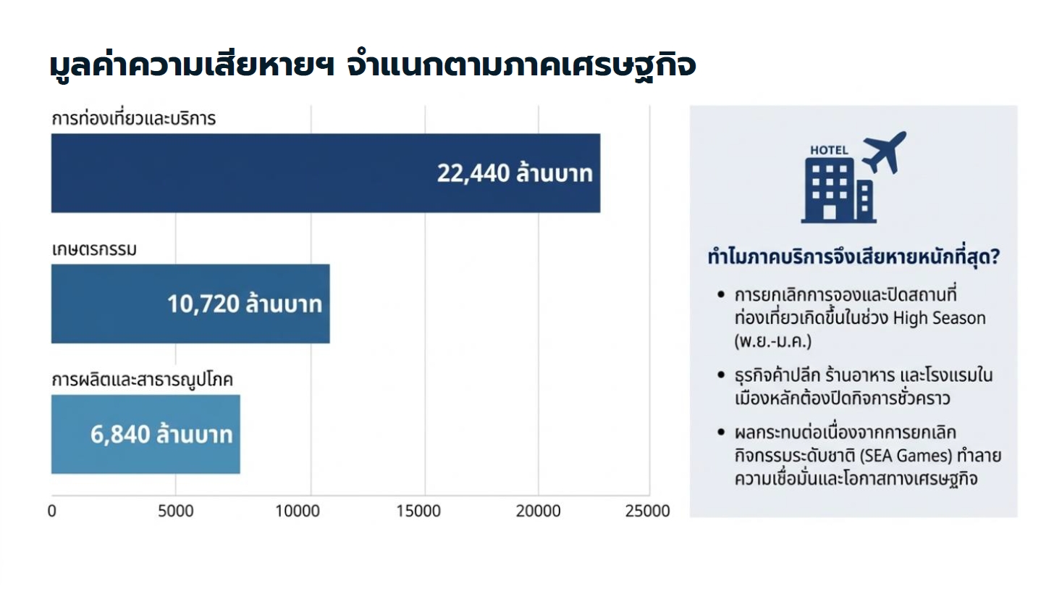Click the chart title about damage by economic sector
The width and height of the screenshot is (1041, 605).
(x=373, y=65)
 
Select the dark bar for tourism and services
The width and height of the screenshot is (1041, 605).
(x=325, y=173)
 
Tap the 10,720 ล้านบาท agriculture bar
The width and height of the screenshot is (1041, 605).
(x=190, y=304)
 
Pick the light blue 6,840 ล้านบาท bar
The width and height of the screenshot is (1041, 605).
(x=146, y=434)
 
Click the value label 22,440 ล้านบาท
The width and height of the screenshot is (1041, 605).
(x=515, y=173)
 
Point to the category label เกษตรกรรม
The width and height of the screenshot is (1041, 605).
(x=94, y=250)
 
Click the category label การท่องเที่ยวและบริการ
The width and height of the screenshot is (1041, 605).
(x=134, y=119)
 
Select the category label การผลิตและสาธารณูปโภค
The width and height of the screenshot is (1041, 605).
(x=142, y=380)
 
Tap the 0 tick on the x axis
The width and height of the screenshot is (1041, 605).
(x=51, y=511)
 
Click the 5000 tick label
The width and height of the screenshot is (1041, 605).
(x=176, y=511)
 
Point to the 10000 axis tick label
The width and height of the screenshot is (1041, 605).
(x=298, y=511)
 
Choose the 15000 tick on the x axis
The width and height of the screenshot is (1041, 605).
(x=418, y=511)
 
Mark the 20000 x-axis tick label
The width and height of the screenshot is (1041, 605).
(x=538, y=511)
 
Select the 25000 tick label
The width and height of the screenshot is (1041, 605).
(x=647, y=511)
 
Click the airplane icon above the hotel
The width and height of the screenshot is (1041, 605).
(x=884, y=152)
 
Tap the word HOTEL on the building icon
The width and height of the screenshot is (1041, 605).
(x=829, y=150)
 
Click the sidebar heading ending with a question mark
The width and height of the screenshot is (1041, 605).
(x=854, y=256)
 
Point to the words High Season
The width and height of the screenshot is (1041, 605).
(x=939, y=318)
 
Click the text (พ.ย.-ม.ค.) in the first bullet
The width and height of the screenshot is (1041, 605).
(x=773, y=341)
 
